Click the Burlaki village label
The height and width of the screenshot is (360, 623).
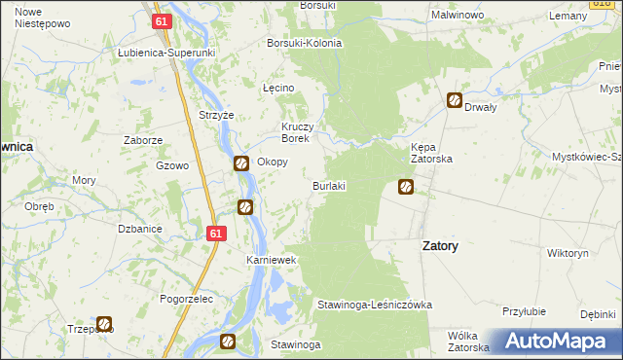tap(329, 185)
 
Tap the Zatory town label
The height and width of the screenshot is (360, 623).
tap(440, 246)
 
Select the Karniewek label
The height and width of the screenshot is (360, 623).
tap(270, 262)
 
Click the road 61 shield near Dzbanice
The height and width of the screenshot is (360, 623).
tap(216, 234)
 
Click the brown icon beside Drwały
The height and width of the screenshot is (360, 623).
tap(455, 99)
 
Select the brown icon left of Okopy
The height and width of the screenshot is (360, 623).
tap(240, 163)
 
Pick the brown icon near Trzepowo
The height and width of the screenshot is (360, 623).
tap(104, 324)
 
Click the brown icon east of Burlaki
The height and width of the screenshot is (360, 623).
tap(406, 186)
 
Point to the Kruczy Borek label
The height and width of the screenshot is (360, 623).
tap(295, 133)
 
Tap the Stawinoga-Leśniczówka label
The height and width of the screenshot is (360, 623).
tap(374, 305)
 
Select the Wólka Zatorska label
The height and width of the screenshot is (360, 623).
tap(468, 341)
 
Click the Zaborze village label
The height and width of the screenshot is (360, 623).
tap(143, 140)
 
